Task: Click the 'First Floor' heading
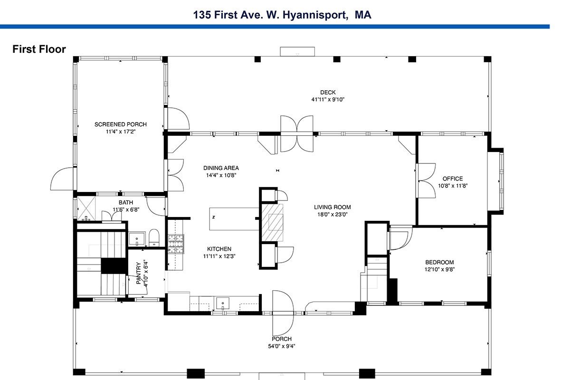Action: point(39,49)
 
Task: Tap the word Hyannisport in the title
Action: point(315,15)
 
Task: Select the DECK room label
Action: point(328,93)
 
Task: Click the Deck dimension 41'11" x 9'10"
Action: point(328,100)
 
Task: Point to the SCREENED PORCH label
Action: point(121,124)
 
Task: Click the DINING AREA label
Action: point(221,168)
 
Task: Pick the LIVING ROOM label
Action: point(332,207)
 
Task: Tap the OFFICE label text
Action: point(453,179)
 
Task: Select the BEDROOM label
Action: point(439,262)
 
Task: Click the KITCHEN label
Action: point(219,249)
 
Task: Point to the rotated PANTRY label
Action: point(138,273)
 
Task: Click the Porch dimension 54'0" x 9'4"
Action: point(281,346)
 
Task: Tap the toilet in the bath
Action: point(154,237)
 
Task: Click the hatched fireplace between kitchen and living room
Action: point(272,222)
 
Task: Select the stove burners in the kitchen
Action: point(176,244)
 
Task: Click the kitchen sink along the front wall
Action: point(223,303)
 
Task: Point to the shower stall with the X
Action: point(86,208)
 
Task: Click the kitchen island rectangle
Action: point(234,219)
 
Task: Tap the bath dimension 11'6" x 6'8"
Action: point(126,210)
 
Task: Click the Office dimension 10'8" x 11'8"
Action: point(453,186)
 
